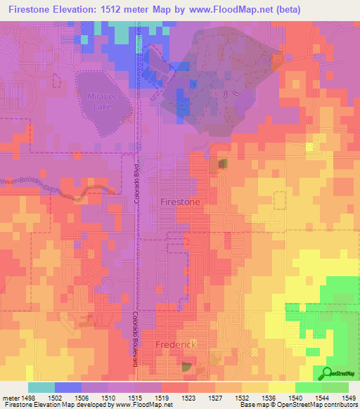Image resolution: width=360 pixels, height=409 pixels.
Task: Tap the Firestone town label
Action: point(181,202)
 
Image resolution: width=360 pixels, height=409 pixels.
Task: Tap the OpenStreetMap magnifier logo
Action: point(328,373)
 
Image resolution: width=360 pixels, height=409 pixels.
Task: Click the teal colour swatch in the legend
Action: point(41,387)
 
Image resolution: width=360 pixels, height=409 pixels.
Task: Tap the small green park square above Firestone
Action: point(223,164)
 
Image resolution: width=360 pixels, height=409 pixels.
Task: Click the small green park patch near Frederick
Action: point(186,366)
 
